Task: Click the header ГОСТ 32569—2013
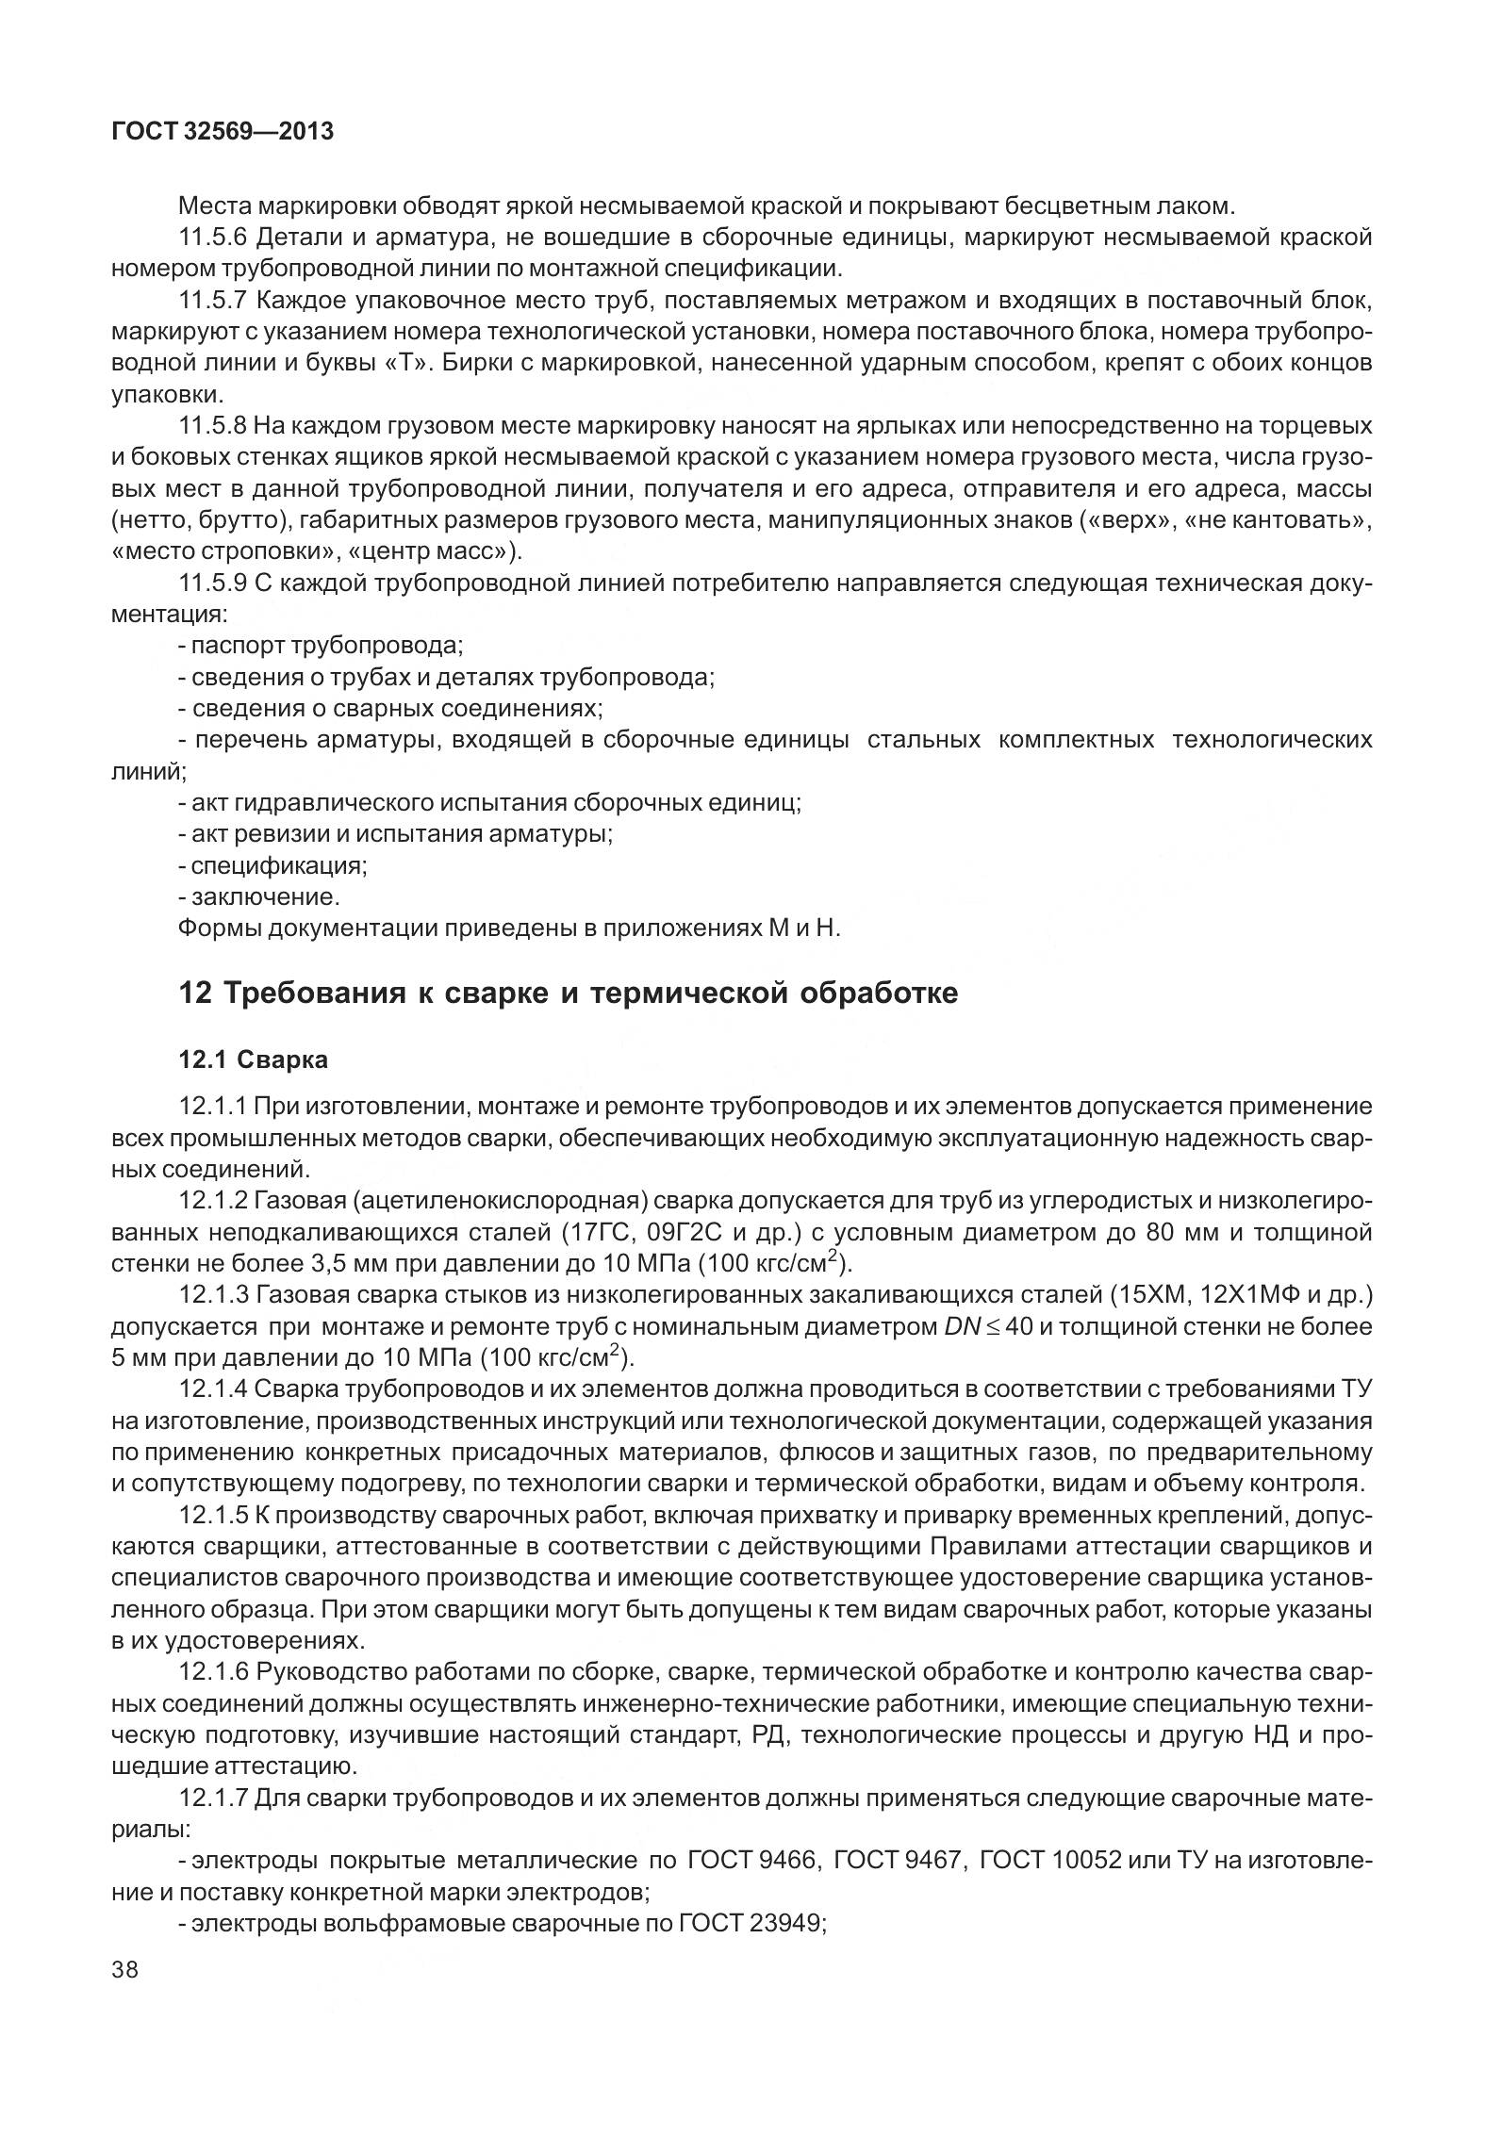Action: (223, 132)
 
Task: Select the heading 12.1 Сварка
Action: (254, 1060)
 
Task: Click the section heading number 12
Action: (194, 994)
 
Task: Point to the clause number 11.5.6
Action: (213, 238)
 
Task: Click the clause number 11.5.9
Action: (213, 583)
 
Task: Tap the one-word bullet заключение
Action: (259, 895)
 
